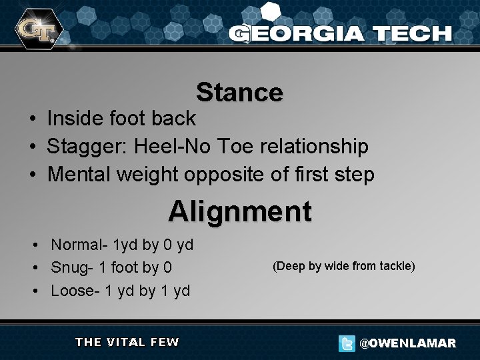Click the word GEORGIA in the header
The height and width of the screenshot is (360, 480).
(x=297, y=33)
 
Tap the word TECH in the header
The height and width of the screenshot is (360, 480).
(x=411, y=33)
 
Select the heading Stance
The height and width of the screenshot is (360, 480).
(x=239, y=93)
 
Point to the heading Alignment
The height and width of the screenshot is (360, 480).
(x=239, y=212)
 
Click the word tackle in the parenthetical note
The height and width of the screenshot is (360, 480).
(x=397, y=267)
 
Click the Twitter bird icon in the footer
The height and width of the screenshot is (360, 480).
(x=346, y=343)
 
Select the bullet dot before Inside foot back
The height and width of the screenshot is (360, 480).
(x=33, y=119)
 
